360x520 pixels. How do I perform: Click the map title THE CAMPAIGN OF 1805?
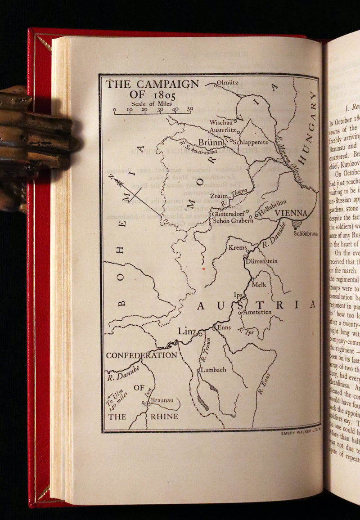click(152, 89)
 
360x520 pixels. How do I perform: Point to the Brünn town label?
click(211, 143)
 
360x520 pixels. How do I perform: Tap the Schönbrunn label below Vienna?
click(305, 233)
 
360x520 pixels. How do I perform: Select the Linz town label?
click(187, 332)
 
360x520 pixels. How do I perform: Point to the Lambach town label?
click(213, 370)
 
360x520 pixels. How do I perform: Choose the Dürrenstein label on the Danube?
click(261, 261)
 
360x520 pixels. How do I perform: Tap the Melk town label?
click(259, 284)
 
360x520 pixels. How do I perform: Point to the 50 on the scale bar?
click(190, 109)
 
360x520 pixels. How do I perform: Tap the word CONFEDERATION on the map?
click(141, 355)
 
